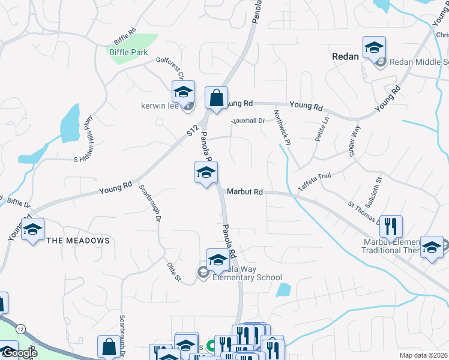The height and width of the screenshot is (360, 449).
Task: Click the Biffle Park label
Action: point(128,52)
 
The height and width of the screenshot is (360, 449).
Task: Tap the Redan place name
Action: point(345,56)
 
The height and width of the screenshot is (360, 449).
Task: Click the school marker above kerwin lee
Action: point(183,92)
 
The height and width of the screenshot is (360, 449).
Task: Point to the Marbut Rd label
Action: point(245,192)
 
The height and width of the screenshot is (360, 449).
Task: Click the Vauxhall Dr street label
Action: point(248,121)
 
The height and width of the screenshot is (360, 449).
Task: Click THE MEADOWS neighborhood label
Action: point(78,241)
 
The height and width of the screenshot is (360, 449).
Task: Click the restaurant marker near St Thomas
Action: point(391,227)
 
